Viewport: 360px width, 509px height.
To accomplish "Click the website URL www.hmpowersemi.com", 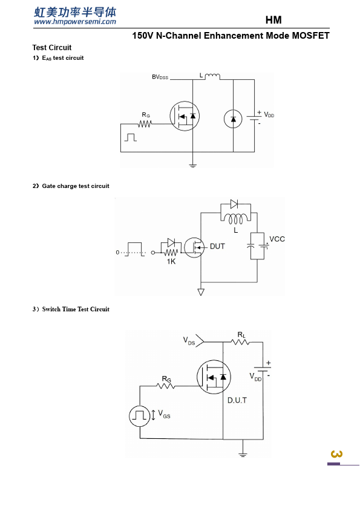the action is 75,22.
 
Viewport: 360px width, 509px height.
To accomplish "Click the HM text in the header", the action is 273,20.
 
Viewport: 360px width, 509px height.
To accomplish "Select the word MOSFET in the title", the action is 310,36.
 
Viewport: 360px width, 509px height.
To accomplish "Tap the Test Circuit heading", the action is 52,48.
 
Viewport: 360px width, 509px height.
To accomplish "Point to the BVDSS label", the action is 160,77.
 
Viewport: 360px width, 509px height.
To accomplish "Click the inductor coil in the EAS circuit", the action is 212,77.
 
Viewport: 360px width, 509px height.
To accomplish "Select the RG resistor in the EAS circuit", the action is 145,124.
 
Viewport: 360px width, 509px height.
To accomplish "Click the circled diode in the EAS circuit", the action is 233,119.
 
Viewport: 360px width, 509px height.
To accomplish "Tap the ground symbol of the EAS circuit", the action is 192,166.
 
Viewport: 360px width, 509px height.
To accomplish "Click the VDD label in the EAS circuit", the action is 269,115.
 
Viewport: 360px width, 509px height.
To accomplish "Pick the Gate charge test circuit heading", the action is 76,186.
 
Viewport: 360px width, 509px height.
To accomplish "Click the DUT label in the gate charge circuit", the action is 217,247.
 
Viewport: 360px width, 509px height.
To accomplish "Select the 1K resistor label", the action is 171,262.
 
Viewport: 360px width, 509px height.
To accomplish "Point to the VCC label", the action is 277,239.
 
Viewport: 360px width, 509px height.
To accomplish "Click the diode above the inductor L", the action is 234,204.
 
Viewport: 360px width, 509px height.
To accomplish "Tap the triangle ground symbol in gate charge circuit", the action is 201,292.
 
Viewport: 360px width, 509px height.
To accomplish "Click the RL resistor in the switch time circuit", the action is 240,342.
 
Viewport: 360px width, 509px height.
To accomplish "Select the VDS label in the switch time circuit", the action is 189,341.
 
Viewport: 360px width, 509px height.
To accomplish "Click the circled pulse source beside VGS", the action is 140,415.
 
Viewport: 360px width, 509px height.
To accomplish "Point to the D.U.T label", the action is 237,400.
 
